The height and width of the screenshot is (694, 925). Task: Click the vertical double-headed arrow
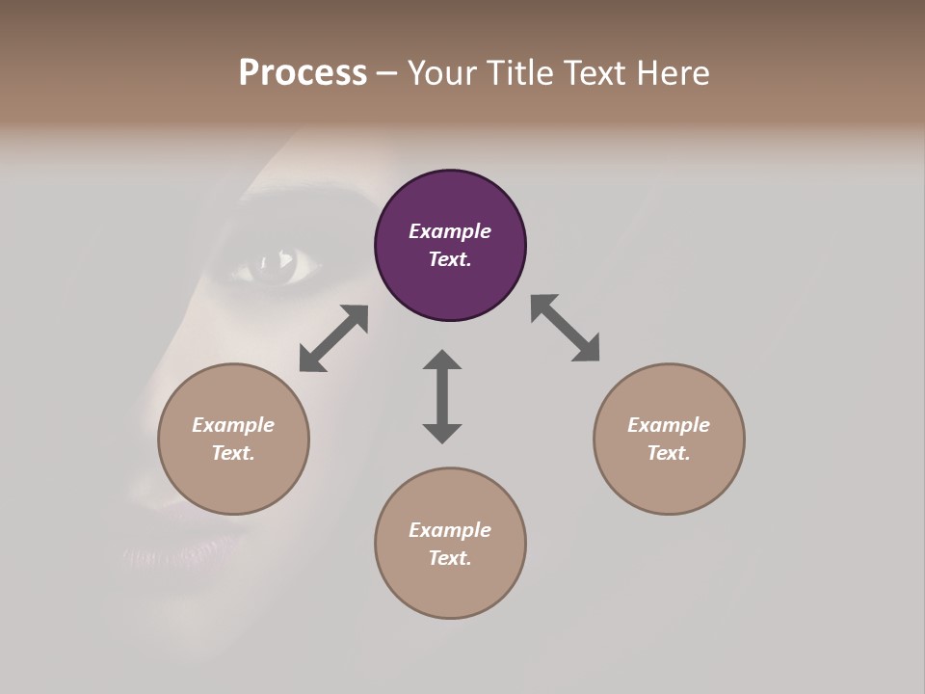click(x=442, y=396)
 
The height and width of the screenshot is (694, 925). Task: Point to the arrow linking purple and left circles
click(x=333, y=338)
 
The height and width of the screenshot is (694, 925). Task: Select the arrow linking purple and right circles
click(x=565, y=328)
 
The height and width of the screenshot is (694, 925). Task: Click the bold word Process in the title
click(x=303, y=73)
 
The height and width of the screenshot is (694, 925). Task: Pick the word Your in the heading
click(x=440, y=73)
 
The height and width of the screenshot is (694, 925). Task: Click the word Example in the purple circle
click(x=450, y=231)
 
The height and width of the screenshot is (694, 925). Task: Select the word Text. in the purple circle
click(x=450, y=259)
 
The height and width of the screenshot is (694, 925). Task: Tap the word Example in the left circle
click(x=233, y=425)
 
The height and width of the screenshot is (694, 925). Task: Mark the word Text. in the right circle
click(x=669, y=453)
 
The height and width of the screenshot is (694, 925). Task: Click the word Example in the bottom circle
click(x=450, y=530)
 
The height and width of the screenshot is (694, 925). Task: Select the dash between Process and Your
click(x=387, y=73)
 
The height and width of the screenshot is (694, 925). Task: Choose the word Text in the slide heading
click(x=593, y=73)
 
